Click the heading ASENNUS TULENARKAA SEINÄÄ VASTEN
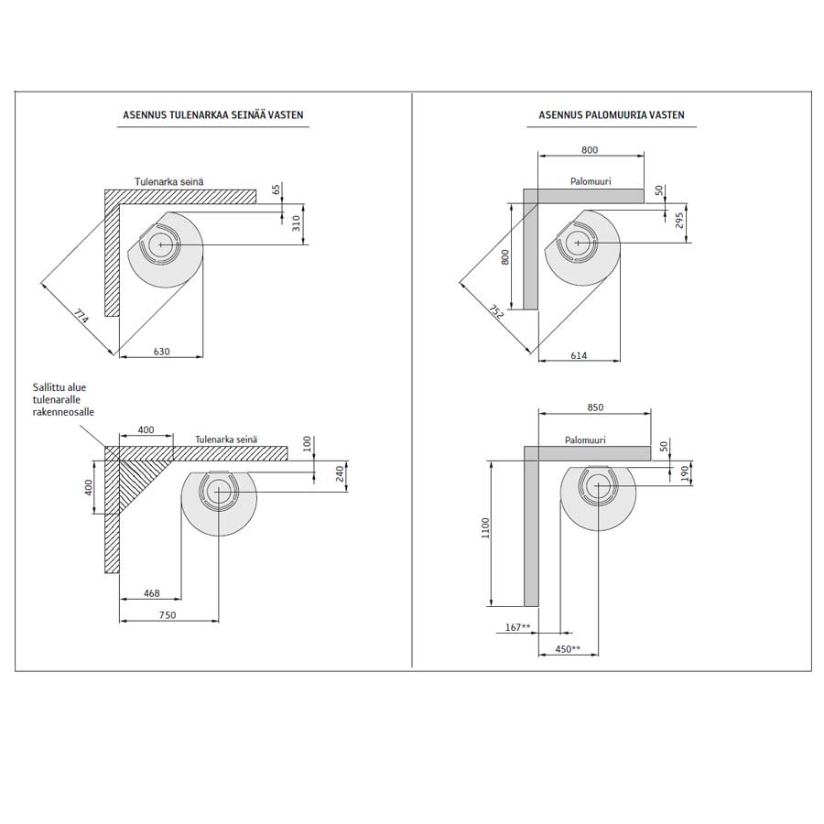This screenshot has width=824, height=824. (212, 115)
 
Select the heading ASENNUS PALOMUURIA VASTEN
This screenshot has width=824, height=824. (612, 115)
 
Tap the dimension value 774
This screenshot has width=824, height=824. (81, 317)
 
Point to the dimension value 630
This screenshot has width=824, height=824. (161, 352)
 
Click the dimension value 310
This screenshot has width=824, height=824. (297, 223)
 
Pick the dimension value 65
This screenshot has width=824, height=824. (276, 190)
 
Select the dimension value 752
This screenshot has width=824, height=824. (496, 311)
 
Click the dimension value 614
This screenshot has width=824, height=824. (579, 356)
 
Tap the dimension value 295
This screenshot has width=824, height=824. (679, 220)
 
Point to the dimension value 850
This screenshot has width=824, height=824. (595, 407)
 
